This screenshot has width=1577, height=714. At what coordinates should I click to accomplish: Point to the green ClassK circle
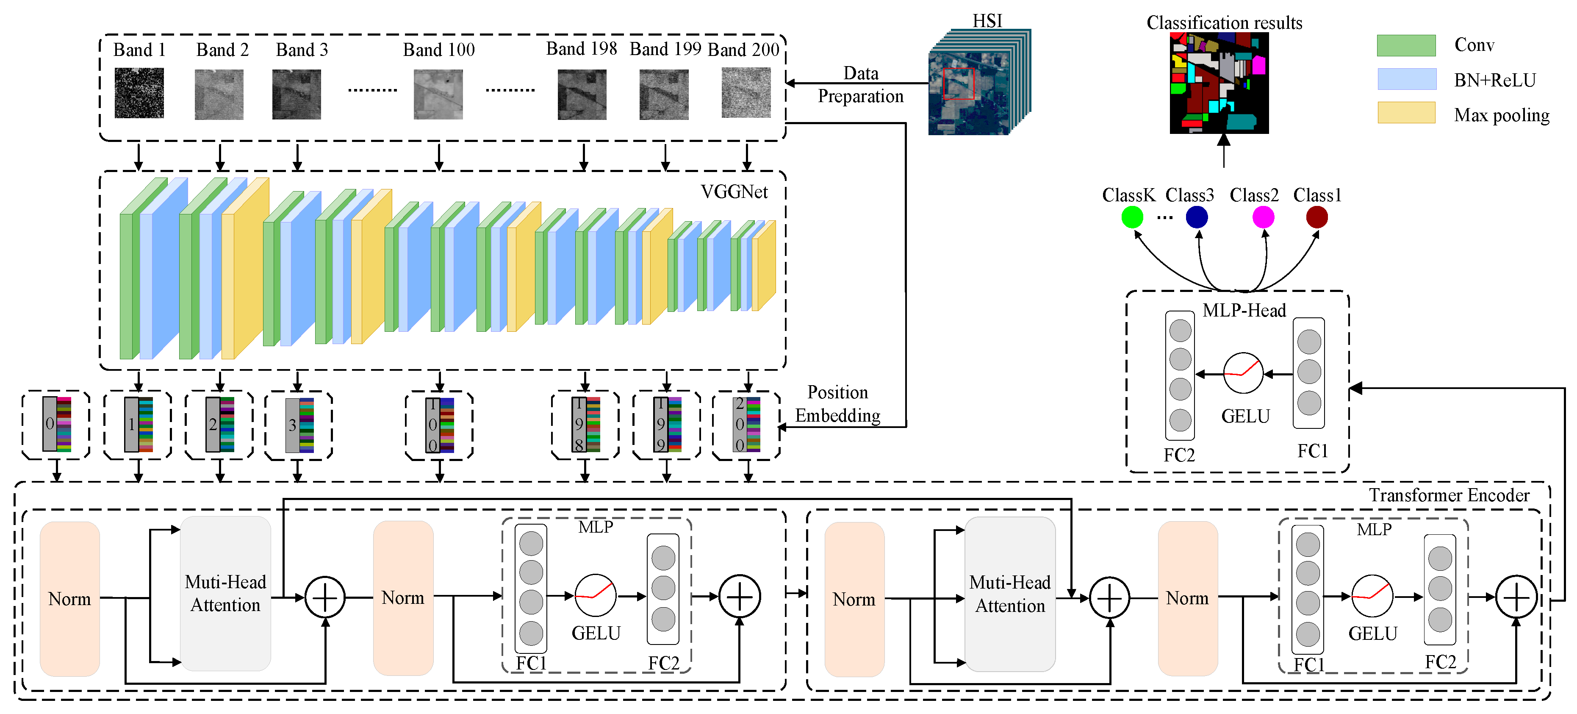click(1132, 217)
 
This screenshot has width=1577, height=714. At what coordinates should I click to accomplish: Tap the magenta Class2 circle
click(1263, 217)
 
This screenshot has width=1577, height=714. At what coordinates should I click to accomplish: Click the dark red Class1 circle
click(1317, 217)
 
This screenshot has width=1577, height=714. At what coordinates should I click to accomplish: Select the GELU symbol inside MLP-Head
click(1243, 373)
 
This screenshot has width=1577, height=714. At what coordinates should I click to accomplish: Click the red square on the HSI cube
click(958, 84)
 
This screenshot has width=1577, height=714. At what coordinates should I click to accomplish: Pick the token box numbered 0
click(56, 424)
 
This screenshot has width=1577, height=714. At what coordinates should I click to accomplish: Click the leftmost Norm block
click(70, 598)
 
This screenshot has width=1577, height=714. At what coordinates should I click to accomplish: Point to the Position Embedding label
click(837, 403)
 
